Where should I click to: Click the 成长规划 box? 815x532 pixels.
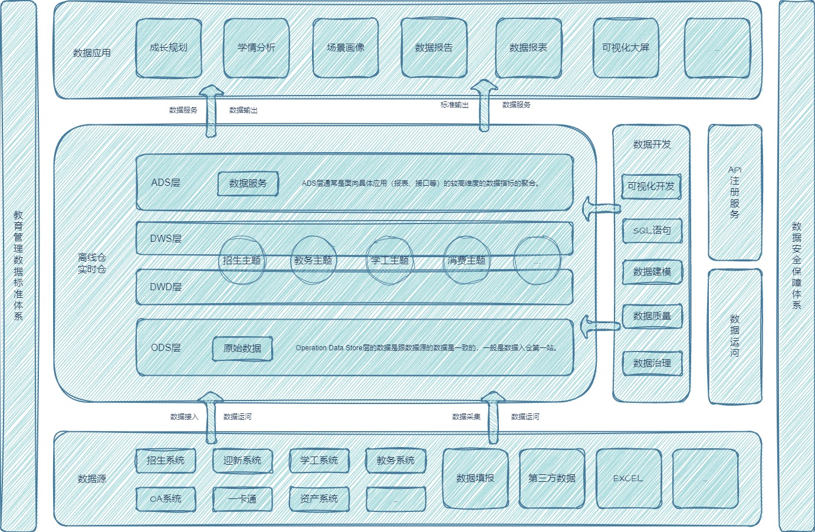click(169, 48)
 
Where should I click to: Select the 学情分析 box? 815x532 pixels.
click(257, 48)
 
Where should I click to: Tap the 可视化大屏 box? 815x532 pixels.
click(626, 48)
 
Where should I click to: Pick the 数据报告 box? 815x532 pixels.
click(434, 48)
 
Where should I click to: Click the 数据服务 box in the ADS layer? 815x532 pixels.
click(248, 183)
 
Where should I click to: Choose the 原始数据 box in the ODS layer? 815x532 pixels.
click(242, 349)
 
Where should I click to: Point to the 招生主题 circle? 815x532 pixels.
click(242, 260)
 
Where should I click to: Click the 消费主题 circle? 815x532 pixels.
click(466, 260)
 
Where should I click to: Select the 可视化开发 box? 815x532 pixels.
click(651, 186)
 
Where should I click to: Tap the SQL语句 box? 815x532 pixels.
click(652, 231)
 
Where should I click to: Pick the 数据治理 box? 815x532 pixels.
click(652, 363)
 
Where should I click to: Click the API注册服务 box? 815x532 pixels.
click(735, 192)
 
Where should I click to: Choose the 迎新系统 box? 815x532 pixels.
click(242, 461)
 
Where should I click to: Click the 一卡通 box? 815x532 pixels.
click(242, 499)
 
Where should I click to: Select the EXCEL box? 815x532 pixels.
click(629, 478)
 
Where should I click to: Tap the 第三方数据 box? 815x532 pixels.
click(552, 478)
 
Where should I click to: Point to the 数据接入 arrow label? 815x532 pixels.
click(185, 417)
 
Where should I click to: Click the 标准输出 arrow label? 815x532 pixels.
click(455, 105)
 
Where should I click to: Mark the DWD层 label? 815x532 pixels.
click(166, 287)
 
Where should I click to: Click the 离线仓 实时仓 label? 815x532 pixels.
click(92, 264)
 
